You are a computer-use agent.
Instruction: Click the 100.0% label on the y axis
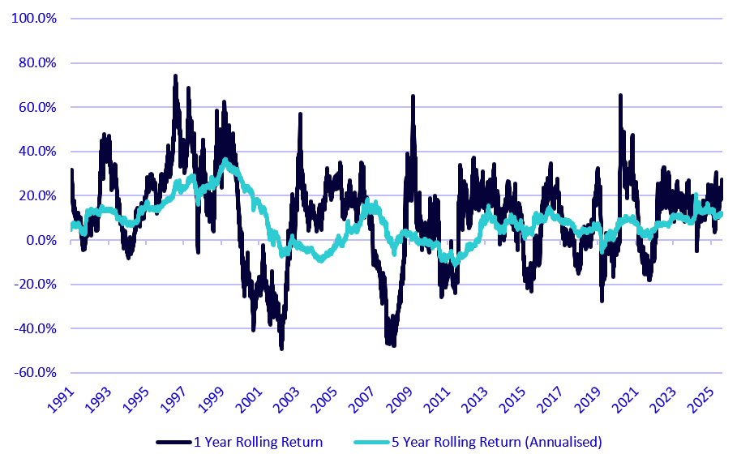tap(34, 19)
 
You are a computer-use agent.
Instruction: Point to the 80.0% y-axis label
tap(37, 62)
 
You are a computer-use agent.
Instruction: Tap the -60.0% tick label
tap(35, 373)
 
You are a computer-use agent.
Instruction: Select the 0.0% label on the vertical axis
tap(41, 240)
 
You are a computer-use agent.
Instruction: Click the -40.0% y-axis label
tap(35, 328)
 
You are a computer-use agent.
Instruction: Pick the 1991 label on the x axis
tap(62, 400)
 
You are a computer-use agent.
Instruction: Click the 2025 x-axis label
tap(701, 400)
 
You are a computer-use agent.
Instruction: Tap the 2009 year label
tap(400, 400)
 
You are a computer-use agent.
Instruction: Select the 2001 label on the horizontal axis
tap(250, 400)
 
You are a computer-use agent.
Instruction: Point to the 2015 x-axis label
tap(513, 400)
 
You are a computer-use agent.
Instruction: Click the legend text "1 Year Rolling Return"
tap(258, 442)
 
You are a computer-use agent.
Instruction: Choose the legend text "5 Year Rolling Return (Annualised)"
tap(497, 442)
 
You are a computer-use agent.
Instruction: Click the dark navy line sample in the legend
tap(174, 442)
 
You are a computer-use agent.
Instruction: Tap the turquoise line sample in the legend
tap(371, 442)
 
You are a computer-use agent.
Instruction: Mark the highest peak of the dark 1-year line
tap(175, 76)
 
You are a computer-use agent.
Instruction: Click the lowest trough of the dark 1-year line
tap(282, 348)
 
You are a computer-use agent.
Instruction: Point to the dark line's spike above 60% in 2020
tap(620, 96)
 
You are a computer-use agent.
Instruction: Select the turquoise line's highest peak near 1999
tap(225, 160)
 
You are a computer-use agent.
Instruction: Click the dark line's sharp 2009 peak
tap(413, 97)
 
